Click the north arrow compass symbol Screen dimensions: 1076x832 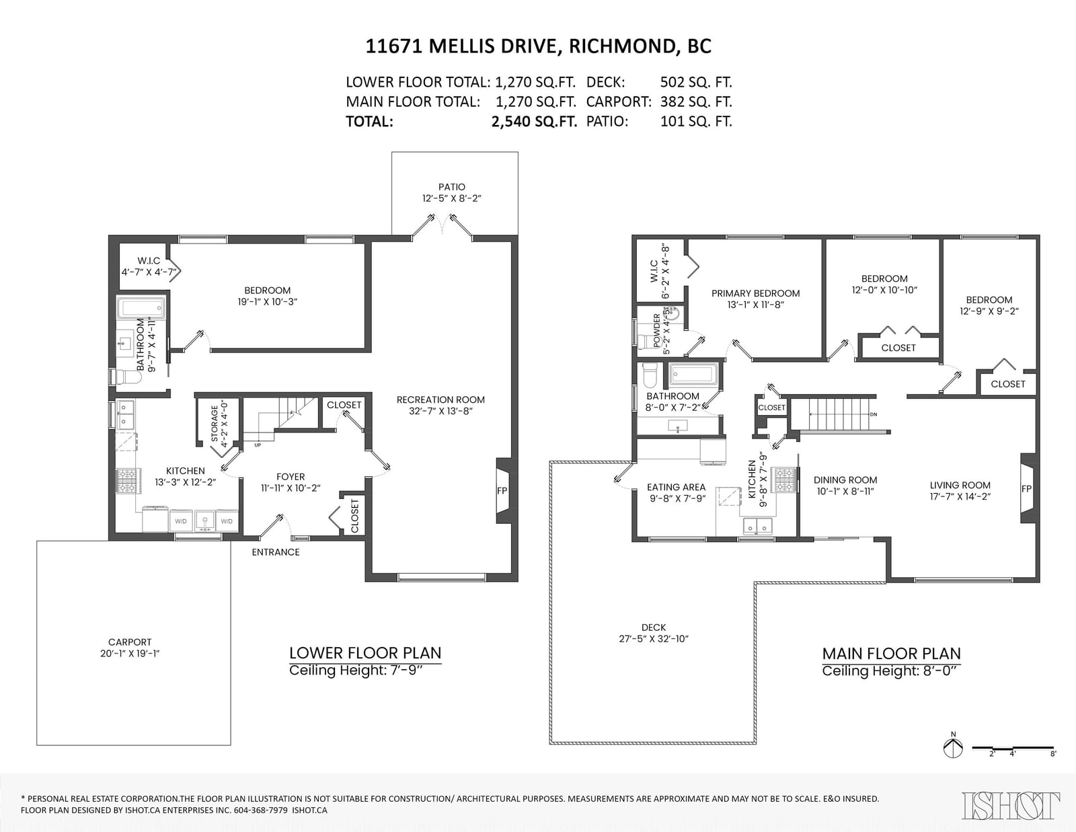pos(953,747)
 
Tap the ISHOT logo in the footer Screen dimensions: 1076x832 pos(1011,806)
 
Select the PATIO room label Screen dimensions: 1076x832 pos(452,187)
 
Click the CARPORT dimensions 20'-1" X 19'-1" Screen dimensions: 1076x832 pos(130,653)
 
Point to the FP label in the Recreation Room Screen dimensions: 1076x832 pos(502,491)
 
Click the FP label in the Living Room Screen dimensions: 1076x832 pos(1026,489)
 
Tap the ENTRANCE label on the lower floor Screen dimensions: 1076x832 pos(275,552)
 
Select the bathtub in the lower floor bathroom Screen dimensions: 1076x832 pos(141,309)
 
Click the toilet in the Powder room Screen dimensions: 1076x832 pos(645,341)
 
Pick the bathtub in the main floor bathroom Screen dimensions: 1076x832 pos(693,375)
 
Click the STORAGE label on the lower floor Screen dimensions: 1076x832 pos(215,424)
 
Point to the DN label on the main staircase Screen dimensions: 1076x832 pos(874,414)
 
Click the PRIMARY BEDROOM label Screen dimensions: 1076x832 pos(756,293)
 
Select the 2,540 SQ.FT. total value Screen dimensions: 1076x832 pos(534,121)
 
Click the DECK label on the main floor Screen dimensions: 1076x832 pos(654,628)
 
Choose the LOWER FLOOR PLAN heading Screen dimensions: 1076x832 pos(365,652)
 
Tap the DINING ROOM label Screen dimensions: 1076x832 pos(845,480)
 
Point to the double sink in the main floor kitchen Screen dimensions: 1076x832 pos(758,526)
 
